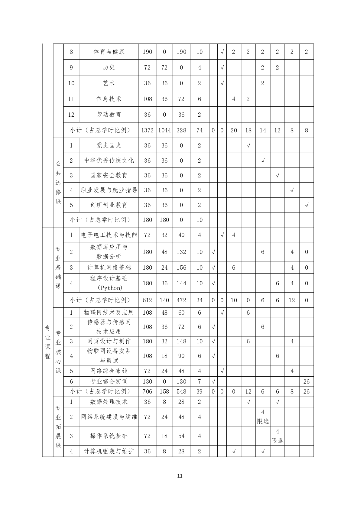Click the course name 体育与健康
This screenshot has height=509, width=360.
(x=109, y=52)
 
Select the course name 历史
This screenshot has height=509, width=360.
(x=109, y=67)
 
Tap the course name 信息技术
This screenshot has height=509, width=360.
(x=109, y=99)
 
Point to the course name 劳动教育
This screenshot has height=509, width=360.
(x=109, y=115)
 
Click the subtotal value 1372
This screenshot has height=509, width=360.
(x=147, y=130)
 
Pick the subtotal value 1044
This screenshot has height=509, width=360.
(x=164, y=130)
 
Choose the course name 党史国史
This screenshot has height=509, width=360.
(x=109, y=145)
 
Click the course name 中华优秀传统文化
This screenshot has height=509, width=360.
(x=109, y=160)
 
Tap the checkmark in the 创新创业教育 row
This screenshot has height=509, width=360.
(x=306, y=205)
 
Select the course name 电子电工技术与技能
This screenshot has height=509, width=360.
(x=109, y=235)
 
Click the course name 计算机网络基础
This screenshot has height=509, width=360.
(x=109, y=267)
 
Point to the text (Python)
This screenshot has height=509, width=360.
(x=109, y=288)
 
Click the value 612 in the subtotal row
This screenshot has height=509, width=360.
(x=147, y=300)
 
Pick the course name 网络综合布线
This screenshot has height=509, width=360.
(x=109, y=371)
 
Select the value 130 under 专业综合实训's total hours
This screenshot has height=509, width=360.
(x=147, y=381)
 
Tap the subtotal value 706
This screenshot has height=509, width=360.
(x=147, y=391)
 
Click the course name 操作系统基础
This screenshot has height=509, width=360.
(x=109, y=436)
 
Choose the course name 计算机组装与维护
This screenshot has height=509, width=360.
(x=109, y=451)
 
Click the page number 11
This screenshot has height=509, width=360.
(x=180, y=476)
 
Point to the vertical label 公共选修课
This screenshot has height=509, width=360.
(x=58, y=183)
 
